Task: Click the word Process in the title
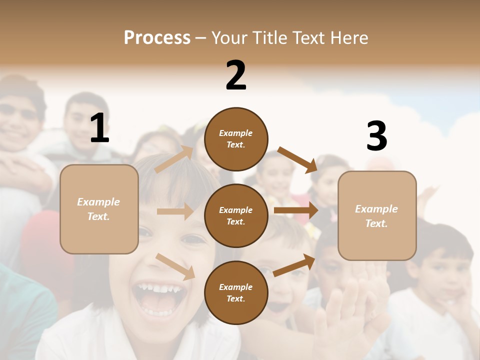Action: coord(157,37)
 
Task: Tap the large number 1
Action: coord(99,128)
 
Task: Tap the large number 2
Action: coord(236,75)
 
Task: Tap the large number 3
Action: coord(376,136)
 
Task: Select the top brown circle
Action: coord(236,139)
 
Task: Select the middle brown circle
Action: coord(236,216)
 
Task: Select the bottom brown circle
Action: coord(236,293)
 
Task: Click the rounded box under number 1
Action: coord(99,209)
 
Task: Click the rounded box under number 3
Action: coord(377,216)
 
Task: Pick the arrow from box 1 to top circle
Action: coord(173,159)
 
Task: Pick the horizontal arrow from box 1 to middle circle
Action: coord(175,211)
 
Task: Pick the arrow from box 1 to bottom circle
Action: coord(175,266)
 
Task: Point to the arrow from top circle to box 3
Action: coord(297,159)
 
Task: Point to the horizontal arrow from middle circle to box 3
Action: coord(295,210)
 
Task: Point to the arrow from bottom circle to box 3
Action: coord(294,265)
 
